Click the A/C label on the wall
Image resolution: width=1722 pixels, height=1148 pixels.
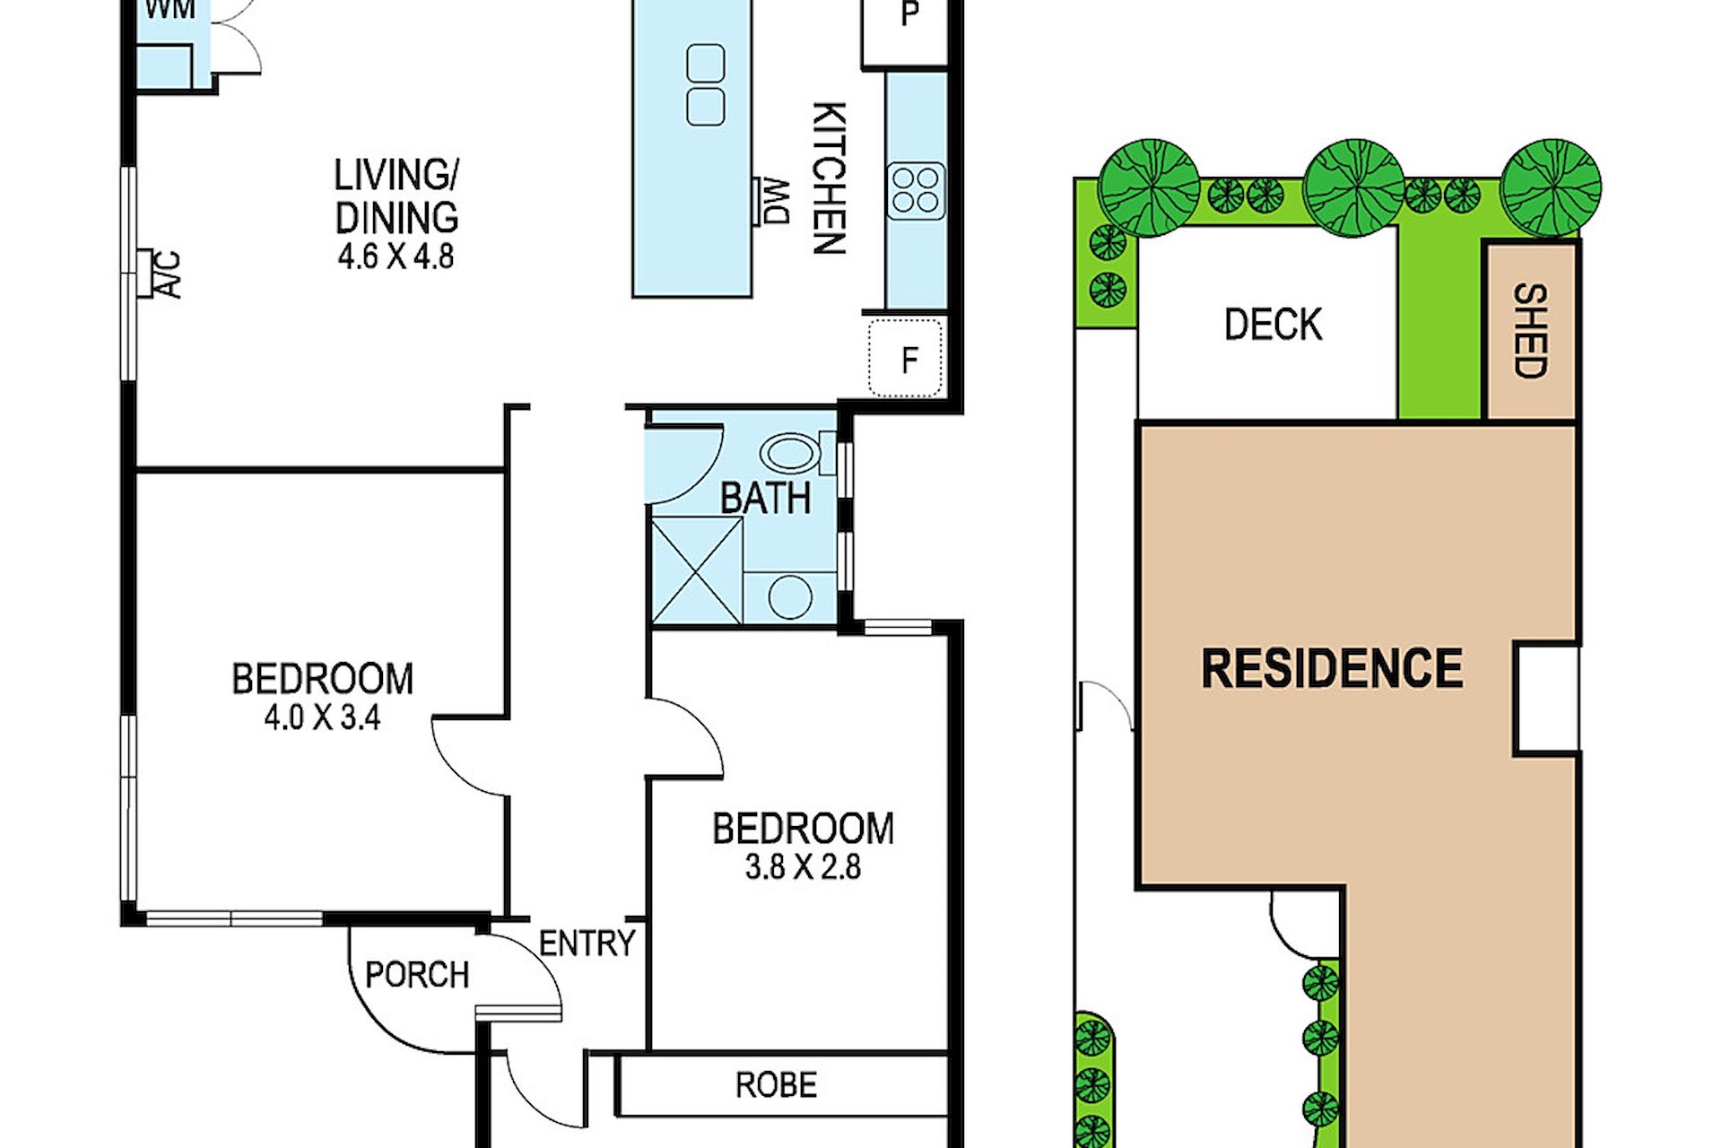pyautogui.click(x=169, y=274)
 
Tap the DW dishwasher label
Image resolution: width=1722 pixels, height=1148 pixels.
pyautogui.click(x=776, y=202)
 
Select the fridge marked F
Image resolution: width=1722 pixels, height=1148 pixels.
pyautogui.click(x=907, y=358)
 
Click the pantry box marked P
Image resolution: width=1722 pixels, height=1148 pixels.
pyautogui.click(x=907, y=30)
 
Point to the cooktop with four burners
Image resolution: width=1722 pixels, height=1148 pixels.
pyautogui.click(x=916, y=191)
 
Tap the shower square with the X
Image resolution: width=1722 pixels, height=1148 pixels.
pyautogui.click(x=697, y=570)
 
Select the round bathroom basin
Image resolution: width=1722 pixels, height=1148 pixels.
pyautogui.click(x=790, y=596)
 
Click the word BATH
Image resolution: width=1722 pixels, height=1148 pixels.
pyautogui.click(x=765, y=498)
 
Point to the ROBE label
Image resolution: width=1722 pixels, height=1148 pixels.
pyautogui.click(x=776, y=1085)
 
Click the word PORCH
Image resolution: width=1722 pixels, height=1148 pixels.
pyautogui.click(x=417, y=975)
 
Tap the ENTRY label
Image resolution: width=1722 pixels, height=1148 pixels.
pyautogui.click(x=587, y=944)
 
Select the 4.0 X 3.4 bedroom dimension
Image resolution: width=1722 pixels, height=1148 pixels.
pyautogui.click(x=322, y=717)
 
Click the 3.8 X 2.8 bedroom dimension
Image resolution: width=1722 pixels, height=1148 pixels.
pyautogui.click(x=803, y=867)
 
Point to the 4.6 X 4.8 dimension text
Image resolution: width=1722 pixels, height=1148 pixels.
pyautogui.click(x=396, y=257)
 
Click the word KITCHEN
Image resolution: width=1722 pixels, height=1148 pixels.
pyautogui.click(x=829, y=178)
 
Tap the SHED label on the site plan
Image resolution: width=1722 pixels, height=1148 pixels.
pyautogui.click(x=1530, y=331)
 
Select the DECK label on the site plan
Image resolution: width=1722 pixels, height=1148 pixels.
pyautogui.click(x=1273, y=325)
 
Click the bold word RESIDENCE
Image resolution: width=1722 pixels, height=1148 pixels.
pyautogui.click(x=1332, y=668)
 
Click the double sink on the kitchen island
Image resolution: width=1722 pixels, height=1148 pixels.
pyautogui.click(x=706, y=85)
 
